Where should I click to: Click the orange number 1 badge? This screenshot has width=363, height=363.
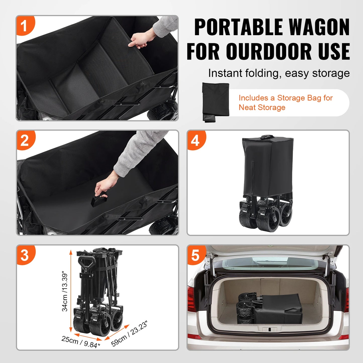pyautogui.click(x=24, y=26)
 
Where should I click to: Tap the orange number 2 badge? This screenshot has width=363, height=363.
pyautogui.click(x=25, y=140)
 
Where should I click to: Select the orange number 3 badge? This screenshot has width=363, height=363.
pyautogui.click(x=25, y=255)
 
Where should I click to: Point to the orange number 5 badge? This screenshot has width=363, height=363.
pyautogui.click(x=195, y=255)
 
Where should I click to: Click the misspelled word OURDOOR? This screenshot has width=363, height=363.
pyautogui.click(x=269, y=51)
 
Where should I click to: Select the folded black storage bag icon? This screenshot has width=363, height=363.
pyautogui.click(x=216, y=102)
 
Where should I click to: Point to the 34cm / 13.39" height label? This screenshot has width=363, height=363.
pyautogui.click(x=65, y=291)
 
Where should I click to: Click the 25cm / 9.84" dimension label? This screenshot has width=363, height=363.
pyautogui.click(x=81, y=342)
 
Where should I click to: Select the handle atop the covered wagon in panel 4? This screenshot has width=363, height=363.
pyautogui.click(x=267, y=137)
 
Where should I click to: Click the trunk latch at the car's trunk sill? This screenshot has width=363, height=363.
pyautogui.click(x=269, y=329)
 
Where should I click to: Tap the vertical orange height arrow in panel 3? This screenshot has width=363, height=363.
pyautogui.click(x=71, y=291)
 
